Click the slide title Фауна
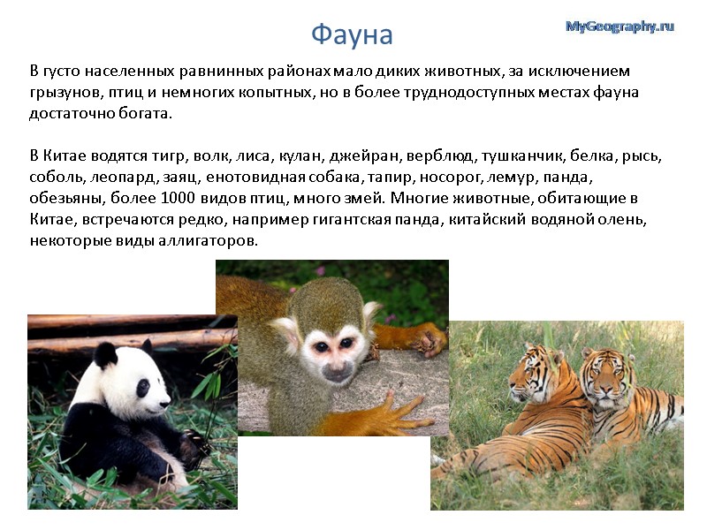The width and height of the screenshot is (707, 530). [x=352, y=34]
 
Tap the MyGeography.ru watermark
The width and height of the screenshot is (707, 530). [x=620, y=26]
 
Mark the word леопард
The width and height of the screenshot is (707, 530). [x=113, y=178]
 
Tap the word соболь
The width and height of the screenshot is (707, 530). [x=55, y=178]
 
